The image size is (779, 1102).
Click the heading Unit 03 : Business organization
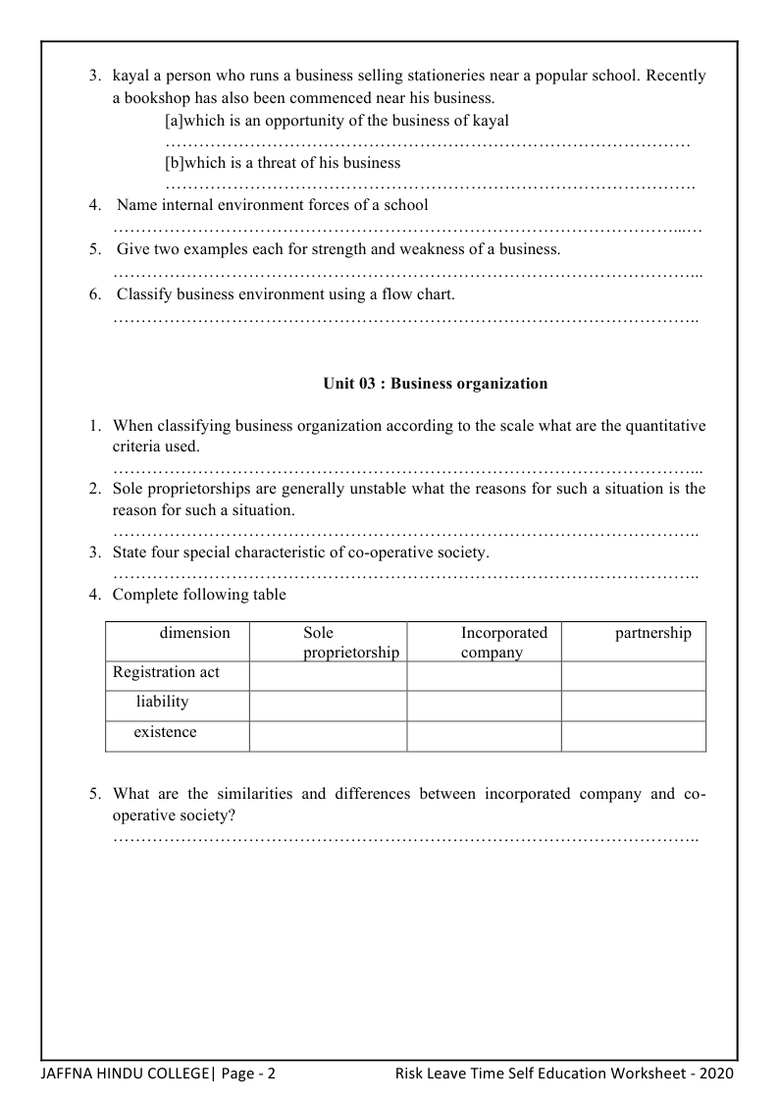(435, 384)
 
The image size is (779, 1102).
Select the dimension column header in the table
(194, 633)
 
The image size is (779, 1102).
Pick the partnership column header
(652, 633)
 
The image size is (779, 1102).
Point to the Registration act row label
(166, 673)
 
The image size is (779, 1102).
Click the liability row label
(155, 703)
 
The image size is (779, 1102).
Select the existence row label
(165, 732)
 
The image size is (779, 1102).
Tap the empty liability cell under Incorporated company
(484, 706)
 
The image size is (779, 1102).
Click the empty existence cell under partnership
(633, 736)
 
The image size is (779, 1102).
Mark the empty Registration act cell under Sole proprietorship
(328, 676)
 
